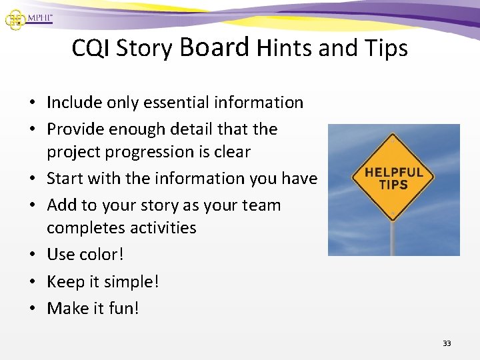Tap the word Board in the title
click(214, 47)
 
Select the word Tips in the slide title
click(385, 49)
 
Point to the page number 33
click(447, 343)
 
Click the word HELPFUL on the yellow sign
click(393, 172)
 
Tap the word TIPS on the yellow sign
click(393, 185)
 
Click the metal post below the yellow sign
click(393, 237)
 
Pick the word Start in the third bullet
click(66, 179)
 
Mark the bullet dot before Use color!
click(32, 255)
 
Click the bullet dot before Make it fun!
click(32, 309)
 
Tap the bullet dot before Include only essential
click(32, 103)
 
